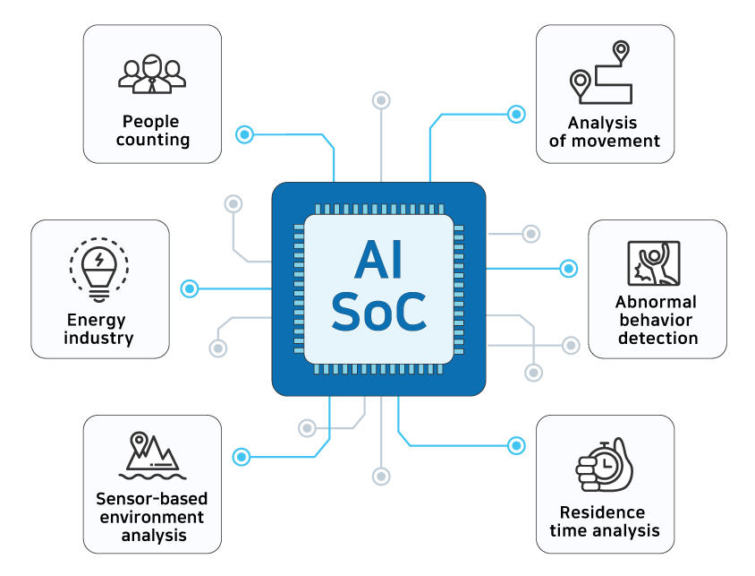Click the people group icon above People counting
point(152,73)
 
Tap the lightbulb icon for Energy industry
point(99,270)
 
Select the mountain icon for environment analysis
point(152,455)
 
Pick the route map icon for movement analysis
point(600,73)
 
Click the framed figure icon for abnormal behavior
point(654,263)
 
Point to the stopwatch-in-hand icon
point(605,465)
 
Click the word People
point(150,122)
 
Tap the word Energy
point(97,321)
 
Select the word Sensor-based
point(152,498)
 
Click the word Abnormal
point(656,302)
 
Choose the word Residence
point(602,512)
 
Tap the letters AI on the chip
point(378,260)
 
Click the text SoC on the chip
point(379,312)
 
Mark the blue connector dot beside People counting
point(244,134)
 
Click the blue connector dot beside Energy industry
point(190,288)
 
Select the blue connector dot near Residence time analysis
point(516,445)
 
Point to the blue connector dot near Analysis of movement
point(516,115)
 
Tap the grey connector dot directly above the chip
point(381,100)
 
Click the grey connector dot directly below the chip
point(381,477)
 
